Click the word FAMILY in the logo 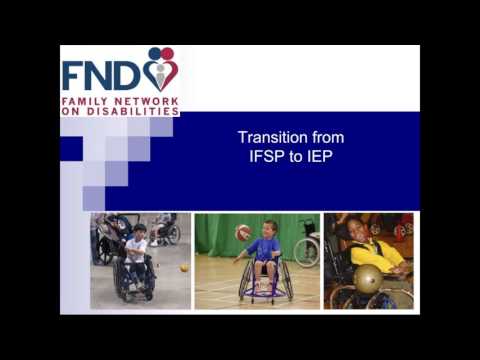(x=84, y=101)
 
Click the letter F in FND (x=75, y=76)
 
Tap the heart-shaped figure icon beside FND (x=160, y=70)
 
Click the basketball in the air (x=243, y=232)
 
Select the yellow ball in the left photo (x=184, y=268)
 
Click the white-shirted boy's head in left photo (x=140, y=232)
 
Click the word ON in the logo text (x=71, y=112)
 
